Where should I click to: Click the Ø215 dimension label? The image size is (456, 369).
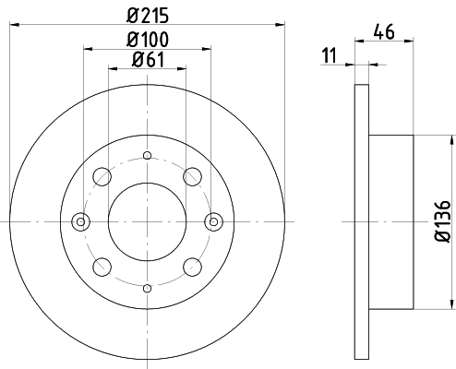click(148, 16)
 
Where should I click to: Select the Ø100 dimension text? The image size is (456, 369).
click(148, 40)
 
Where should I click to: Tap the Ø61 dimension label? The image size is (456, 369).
click(148, 60)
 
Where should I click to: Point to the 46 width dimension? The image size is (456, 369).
click(384, 31)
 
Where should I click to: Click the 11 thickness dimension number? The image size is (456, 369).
click(330, 55)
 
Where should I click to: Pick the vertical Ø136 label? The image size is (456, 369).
click(443, 221)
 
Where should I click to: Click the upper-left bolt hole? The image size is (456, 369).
click(102, 177)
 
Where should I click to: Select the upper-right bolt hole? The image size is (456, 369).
click(192, 177)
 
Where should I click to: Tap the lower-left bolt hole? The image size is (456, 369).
click(102, 267)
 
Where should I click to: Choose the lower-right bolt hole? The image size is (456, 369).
click(192, 267)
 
